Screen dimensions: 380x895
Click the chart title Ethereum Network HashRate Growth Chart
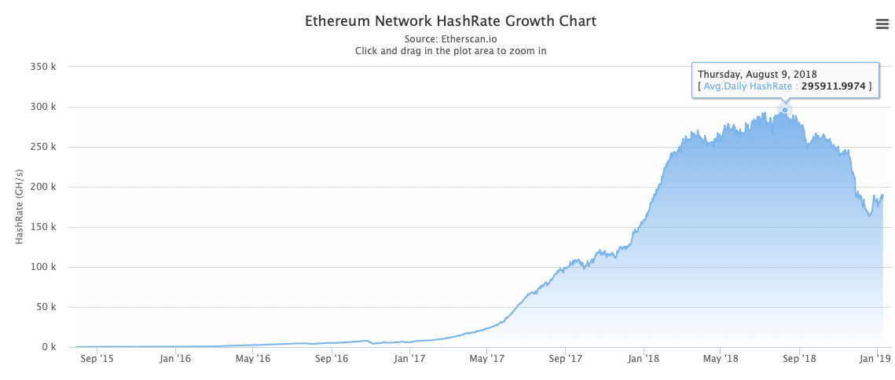(450, 21)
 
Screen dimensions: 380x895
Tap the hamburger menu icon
(882, 24)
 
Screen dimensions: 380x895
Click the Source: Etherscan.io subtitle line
(450, 38)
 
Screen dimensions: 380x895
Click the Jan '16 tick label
(174, 359)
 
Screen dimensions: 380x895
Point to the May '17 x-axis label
(486, 359)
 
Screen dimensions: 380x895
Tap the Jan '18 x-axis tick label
(643, 359)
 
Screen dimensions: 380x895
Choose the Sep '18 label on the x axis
(799, 359)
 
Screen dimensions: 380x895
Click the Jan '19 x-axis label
(877, 359)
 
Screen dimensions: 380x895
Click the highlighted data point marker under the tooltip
(784, 110)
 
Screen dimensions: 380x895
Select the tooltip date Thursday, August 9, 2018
(757, 74)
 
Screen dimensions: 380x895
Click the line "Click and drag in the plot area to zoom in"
(450, 50)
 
